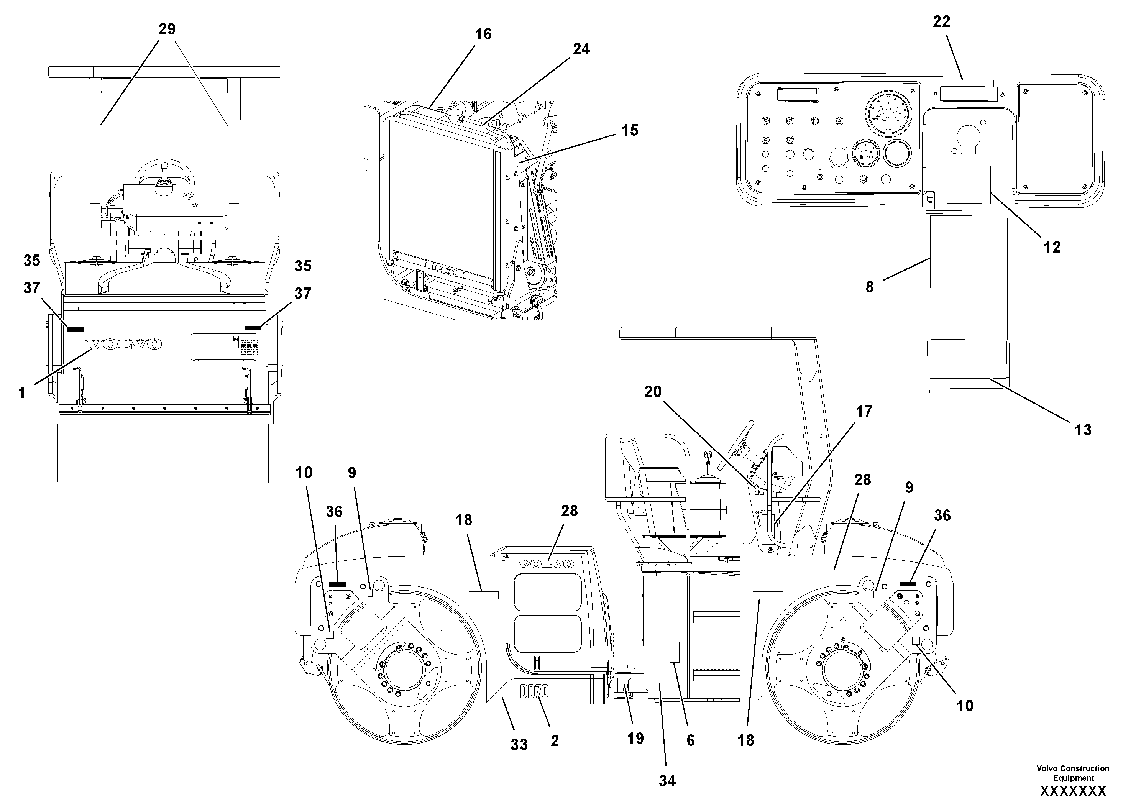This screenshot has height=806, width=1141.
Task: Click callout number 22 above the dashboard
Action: pos(941,21)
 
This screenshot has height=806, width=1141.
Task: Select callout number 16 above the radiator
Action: pos(483,34)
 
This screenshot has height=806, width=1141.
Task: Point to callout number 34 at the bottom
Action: pos(667,781)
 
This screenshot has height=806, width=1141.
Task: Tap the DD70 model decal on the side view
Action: pos(534,692)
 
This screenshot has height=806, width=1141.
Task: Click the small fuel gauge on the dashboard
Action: pos(866,154)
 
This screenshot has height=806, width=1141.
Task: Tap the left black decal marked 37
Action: pos(76,329)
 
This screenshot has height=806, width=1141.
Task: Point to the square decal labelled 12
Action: pos(969,185)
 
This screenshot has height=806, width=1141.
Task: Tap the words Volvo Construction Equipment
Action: pos(1072,773)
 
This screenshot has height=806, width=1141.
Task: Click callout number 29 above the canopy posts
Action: pos(167,29)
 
